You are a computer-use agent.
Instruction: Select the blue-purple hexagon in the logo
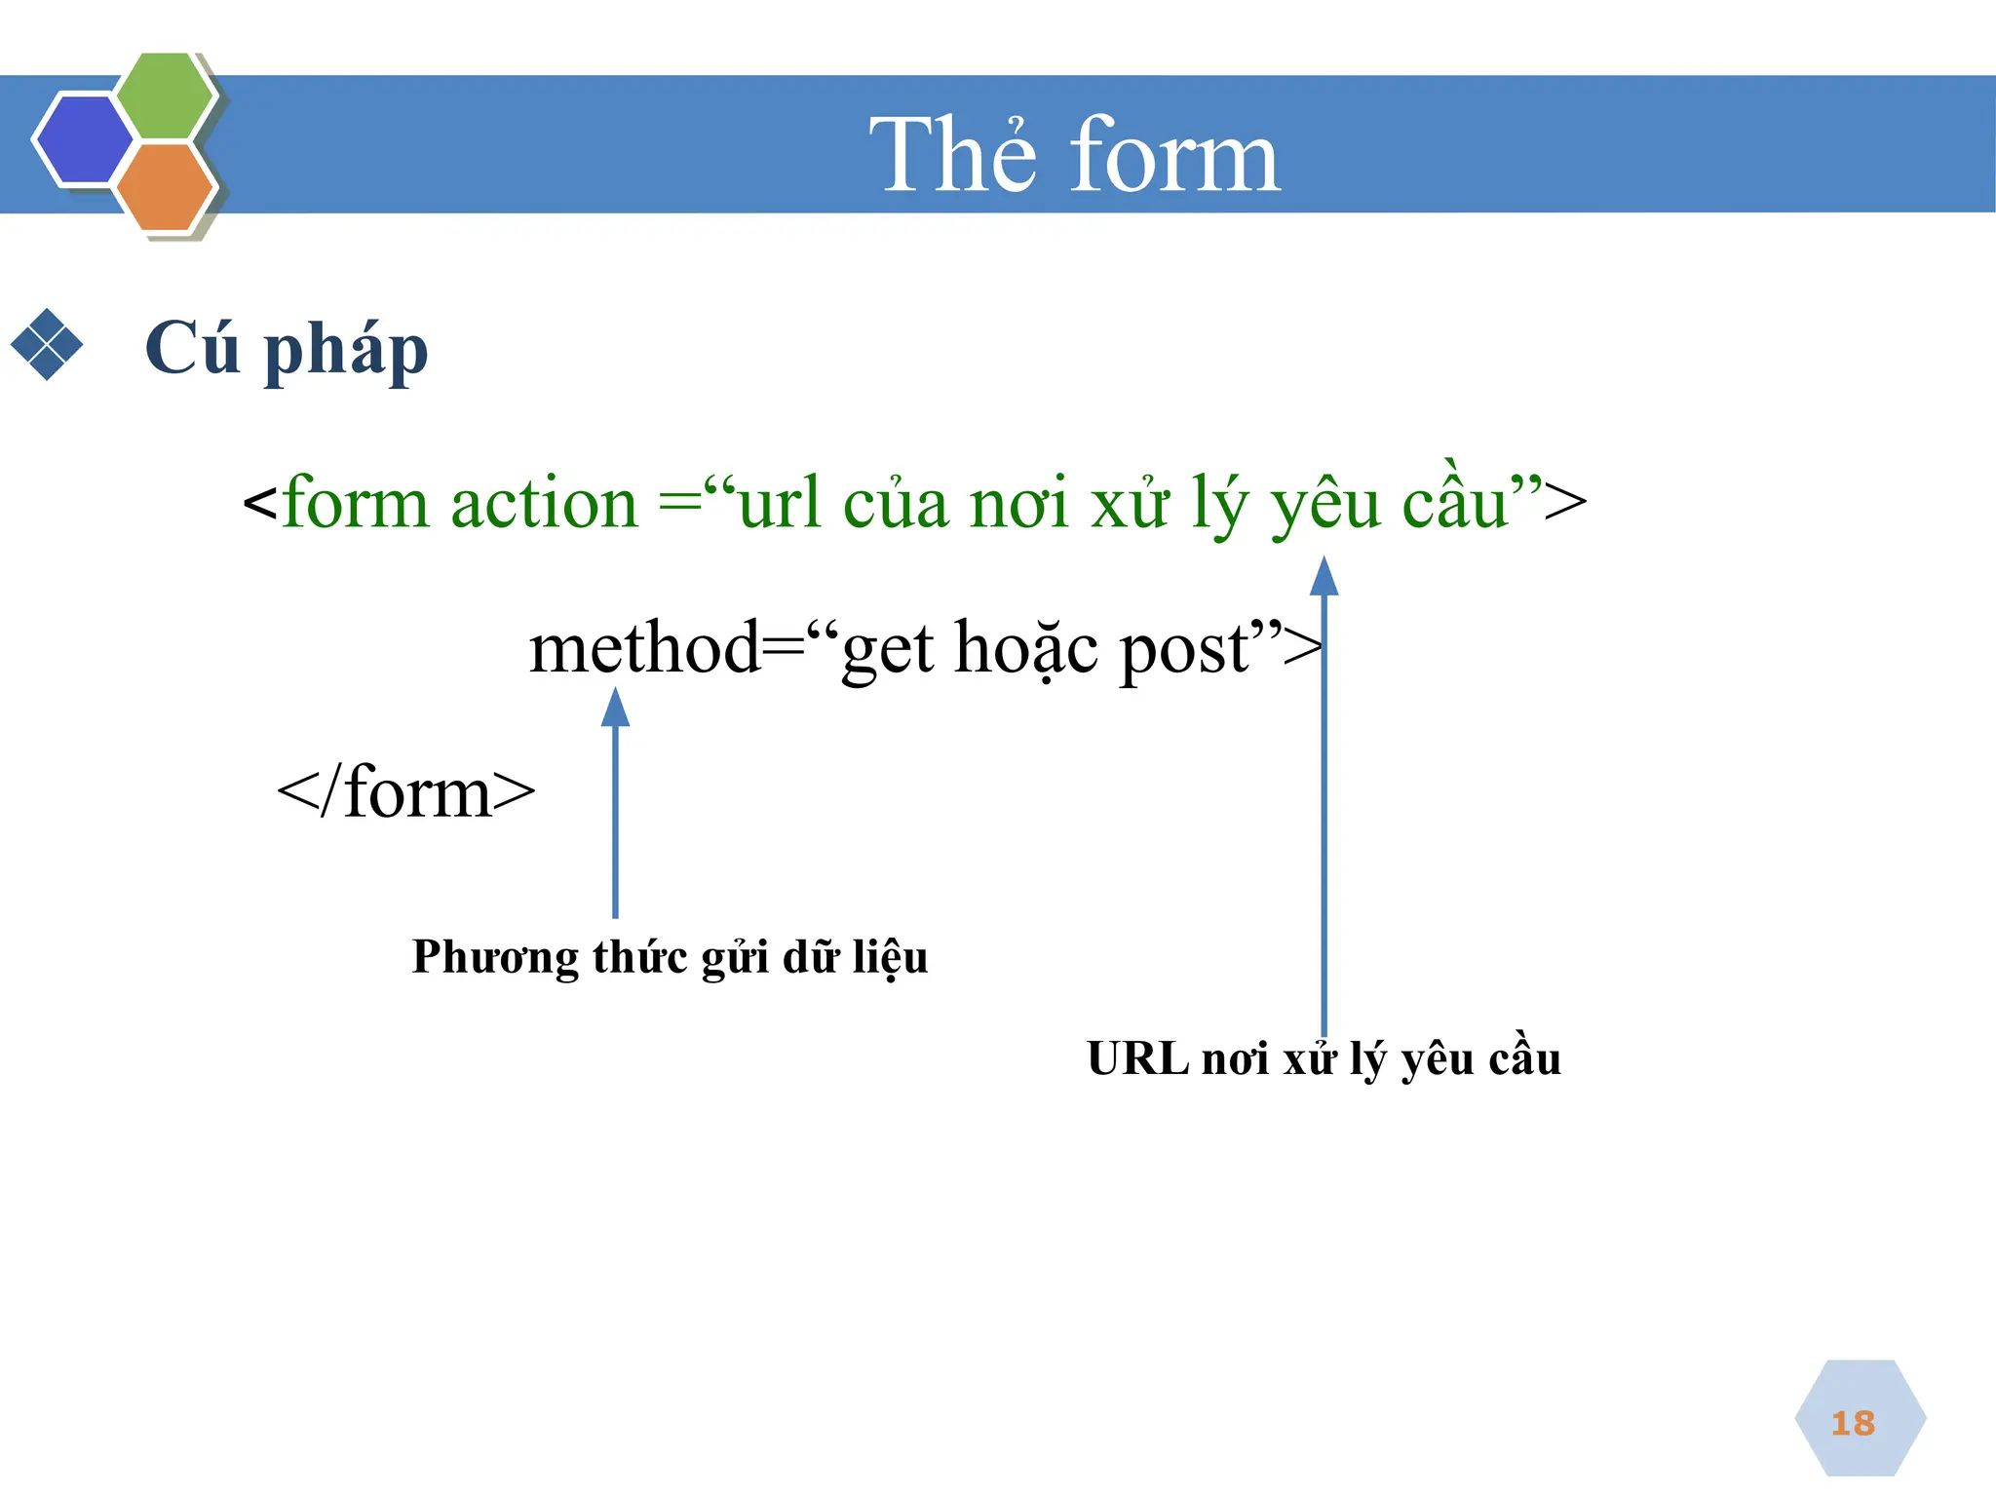click(x=84, y=139)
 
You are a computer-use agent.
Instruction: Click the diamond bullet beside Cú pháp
click(x=47, y=344)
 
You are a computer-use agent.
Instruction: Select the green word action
click(x=544, y=504)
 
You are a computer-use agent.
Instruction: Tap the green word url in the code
click(x=779, y=504)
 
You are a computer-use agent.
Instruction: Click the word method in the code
click(x=643, y=647)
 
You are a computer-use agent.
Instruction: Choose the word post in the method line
click(x=1184, y=649)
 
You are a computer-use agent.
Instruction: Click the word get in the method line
click(x=888, y=651)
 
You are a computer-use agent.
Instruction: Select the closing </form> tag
click(x=406, y=791)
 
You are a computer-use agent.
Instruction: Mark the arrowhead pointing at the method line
click(x=615, y=708)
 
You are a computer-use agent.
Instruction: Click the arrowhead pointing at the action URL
click(x=1324, y=576)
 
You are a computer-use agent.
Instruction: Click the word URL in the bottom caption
click(x=1136, y=1058)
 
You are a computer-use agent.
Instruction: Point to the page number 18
click(x=1853, y=1423)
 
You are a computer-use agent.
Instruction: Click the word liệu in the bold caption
click(x=890, y=957)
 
